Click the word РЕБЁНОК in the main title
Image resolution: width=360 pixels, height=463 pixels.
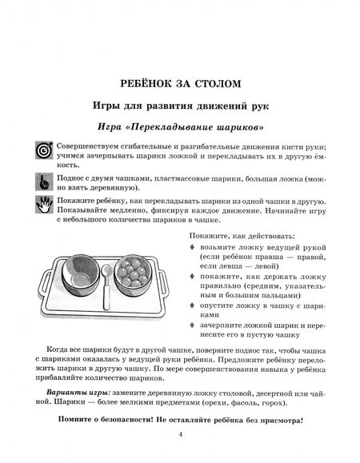[146, 84]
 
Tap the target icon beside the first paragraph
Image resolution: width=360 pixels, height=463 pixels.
[44, 150]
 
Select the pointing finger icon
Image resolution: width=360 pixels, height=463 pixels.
[44, 182]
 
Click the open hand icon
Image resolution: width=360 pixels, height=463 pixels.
[44, 204]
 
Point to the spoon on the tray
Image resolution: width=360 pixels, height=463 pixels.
[106, 286]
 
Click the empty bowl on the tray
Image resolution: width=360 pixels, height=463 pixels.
[80, 273]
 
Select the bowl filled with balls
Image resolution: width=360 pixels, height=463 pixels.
[133, 273]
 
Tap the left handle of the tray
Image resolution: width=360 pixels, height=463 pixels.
[43, 283]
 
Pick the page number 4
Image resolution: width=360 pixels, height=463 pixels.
[181, 434]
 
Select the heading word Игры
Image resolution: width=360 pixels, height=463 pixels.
[106, 106]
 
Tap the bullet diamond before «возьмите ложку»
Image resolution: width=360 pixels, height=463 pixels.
[192, 247]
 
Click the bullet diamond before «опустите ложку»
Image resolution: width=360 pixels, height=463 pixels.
[192, 305]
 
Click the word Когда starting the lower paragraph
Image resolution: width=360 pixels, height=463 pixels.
[57, 350]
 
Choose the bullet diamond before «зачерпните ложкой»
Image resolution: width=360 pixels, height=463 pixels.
[192, 325]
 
